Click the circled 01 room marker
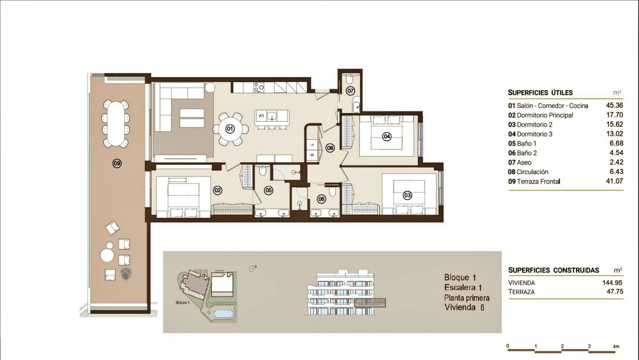click(x=230, y=129)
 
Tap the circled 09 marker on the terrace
click(x=117, y=163)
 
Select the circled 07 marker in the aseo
click(x=350, y=91)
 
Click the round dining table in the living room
click(x=233, y=129)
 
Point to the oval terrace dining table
click(x=115, y=124)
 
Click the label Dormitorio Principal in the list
click(x=545, y=115)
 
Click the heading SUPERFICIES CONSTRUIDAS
click(x=554, y=270)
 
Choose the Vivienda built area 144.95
click(x=612, y=283)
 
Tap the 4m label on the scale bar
click(x=616, y=346)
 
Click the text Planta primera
click(x=467, y=298)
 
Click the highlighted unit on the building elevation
click(x=370, y=302)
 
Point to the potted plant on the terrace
click(x=126, y=274)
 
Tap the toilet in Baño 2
click(x=332, y=191)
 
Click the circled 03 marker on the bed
click(x=407, y=195)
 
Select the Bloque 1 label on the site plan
click(x=182, y=303)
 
